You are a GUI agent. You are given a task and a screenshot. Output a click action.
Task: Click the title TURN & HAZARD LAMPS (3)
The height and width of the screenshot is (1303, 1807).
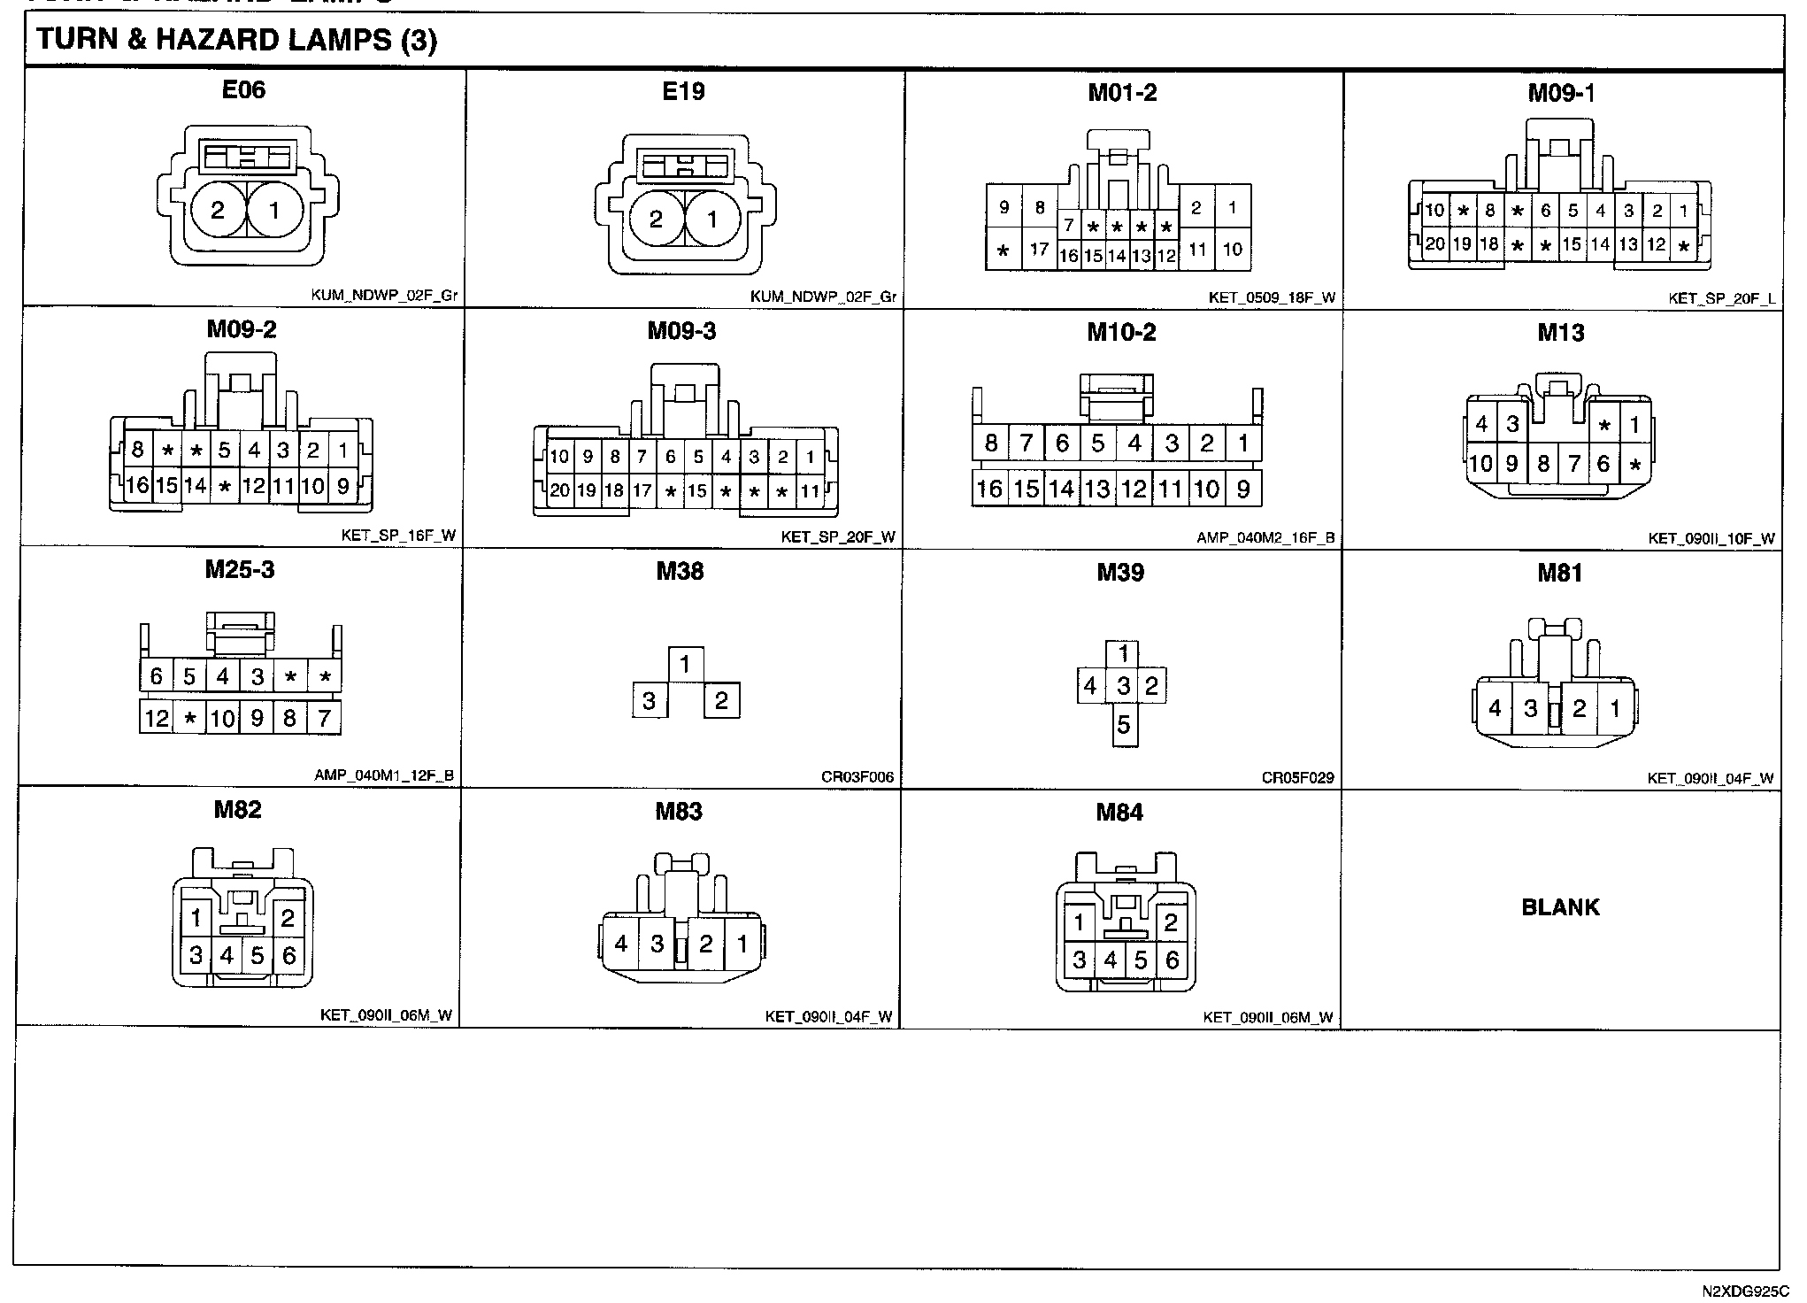tap(236, 41)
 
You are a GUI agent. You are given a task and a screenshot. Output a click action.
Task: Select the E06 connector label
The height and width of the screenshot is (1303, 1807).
tap(243, 89)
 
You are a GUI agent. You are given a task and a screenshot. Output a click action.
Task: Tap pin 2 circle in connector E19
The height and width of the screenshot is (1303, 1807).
tap(656, 220)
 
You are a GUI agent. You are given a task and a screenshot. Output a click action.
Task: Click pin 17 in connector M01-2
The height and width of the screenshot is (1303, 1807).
tap(1039, 250)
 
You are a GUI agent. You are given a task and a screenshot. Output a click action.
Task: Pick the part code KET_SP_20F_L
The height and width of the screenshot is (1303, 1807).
tap(1721, 298)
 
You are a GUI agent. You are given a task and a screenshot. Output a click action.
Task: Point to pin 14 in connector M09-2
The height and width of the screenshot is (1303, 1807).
tap(196, 485)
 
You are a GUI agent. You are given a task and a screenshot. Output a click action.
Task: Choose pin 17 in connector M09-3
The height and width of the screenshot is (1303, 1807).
tap(642, 490)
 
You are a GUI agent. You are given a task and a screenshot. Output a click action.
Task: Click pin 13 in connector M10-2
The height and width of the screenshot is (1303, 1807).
tap(1097, 489)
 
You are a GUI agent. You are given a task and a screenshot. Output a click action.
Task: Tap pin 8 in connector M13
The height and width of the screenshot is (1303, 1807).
tap(1543, 463)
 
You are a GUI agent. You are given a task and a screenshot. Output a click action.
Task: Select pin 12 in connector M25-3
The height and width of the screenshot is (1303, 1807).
tap(157, 717)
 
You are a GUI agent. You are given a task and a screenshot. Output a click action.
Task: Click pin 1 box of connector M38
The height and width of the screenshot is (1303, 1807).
tap(686, 664)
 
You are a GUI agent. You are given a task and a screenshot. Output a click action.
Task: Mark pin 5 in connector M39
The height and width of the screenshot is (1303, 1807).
tap(1123, 725)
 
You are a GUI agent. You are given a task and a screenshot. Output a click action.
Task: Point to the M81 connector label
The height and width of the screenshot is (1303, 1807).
tap(1559, 573)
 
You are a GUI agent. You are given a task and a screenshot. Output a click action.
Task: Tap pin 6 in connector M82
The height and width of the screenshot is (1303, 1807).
tap(288, 956)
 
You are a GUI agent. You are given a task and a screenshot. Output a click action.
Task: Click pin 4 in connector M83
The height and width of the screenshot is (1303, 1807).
tap(620, 944)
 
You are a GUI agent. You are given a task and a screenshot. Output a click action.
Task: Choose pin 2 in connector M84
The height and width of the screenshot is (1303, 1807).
tap(1171, 923)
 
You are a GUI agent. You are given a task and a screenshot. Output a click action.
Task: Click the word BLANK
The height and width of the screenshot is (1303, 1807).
tap(1560, 907)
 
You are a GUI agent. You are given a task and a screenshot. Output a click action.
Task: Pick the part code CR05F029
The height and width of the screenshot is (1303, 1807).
tap(1297, 779)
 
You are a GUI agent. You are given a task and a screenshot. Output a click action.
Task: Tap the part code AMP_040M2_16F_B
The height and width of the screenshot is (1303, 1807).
tap(1265, 538)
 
